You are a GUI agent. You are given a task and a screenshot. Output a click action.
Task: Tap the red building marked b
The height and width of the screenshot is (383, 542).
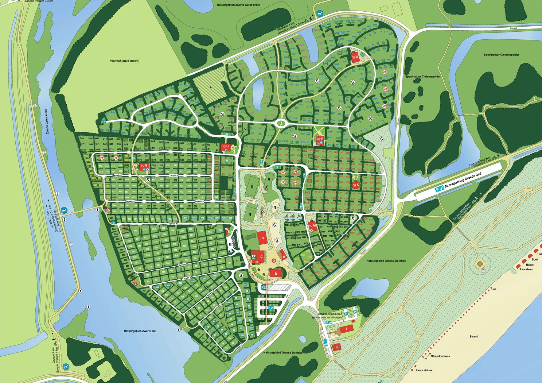(x=276, y=273)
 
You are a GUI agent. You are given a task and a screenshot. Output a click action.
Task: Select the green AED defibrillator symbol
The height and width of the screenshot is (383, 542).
(x=253, y=256)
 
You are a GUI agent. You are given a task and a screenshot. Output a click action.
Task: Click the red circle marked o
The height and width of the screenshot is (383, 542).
(x=274, y=260)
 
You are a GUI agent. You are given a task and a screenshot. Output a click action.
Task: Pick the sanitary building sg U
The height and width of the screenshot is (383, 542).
(x=355, y=57)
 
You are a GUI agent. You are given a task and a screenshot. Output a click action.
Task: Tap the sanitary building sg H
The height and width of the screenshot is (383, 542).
(x=226, y=146)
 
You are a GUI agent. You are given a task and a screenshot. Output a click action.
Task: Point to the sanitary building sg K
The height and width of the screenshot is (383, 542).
(x=356, y=185)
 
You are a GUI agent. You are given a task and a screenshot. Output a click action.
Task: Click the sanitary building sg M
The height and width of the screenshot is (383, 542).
(x=312, y=225)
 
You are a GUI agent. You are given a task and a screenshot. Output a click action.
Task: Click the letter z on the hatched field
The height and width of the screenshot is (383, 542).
(x=210, y=86)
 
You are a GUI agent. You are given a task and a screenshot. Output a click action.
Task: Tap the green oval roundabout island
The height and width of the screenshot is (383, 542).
(x=281, y=123)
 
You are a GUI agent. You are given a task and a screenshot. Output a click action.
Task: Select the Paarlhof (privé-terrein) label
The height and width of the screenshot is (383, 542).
(x=124, y=61)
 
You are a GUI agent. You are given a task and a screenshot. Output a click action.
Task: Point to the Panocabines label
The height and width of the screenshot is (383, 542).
(x=424, y=370)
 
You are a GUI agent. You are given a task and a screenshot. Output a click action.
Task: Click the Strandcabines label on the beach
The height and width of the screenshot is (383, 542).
(x=440, y=356)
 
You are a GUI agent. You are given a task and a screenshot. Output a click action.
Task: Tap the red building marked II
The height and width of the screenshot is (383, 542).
(x=337, y=347)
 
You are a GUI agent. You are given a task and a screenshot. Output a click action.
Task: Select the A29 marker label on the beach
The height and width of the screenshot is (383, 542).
(x=494, y=289)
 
